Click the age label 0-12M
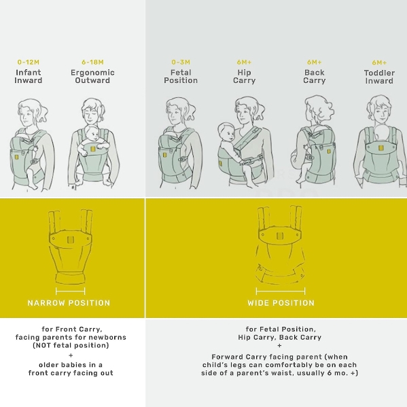pos(29,63)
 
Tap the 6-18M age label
pos(92,63)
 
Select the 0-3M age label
pos(181,63)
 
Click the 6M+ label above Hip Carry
pos(244,63)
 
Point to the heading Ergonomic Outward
pos(92,76)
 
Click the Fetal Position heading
pos(181,76)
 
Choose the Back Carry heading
pos(315,76)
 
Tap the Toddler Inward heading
pos(379,77)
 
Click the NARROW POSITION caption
pos(69,303)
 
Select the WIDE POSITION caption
pos(281,303)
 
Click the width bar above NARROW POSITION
pos(71,291)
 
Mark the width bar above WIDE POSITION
pos(281,291)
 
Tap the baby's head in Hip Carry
pos(226,131)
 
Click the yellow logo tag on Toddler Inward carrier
pos(381,148)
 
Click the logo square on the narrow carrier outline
pos(70,240)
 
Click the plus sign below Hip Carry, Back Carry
pos(279,345)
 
